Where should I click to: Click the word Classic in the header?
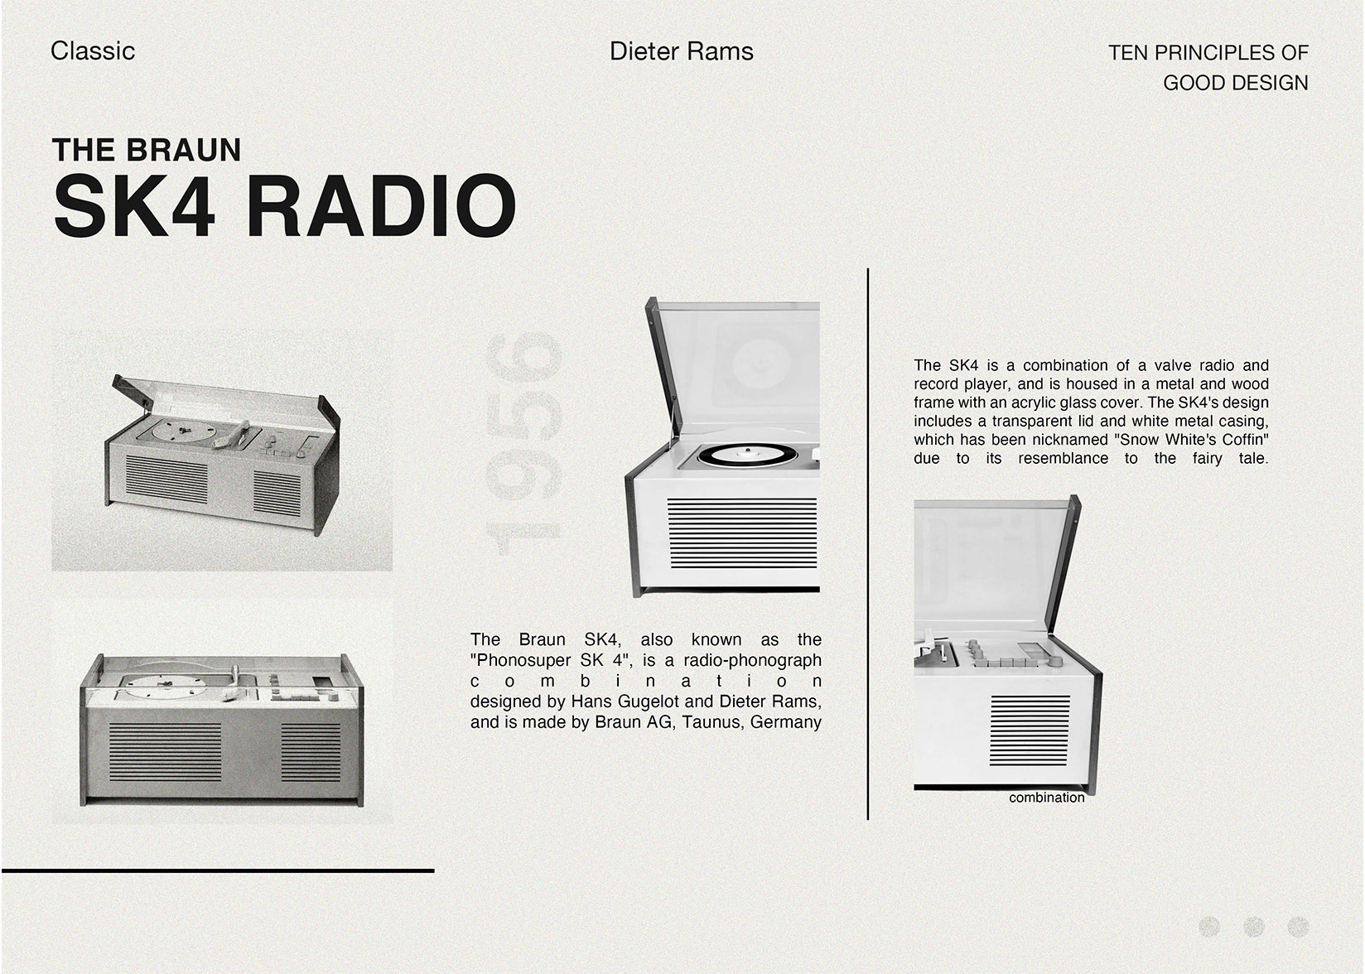(93, 51)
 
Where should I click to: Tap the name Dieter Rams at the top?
(681, 51)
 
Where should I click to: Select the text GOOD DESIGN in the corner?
(1235, 83)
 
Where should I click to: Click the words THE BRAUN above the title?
(147, 150)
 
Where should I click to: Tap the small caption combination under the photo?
(1046, 798)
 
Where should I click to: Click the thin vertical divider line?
(867, 543)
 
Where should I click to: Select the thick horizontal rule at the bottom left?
(217, 870)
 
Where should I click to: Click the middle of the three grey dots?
(1254, 927)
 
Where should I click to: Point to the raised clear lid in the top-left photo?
(224, 402)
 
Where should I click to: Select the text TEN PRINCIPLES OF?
(1208, 53)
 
